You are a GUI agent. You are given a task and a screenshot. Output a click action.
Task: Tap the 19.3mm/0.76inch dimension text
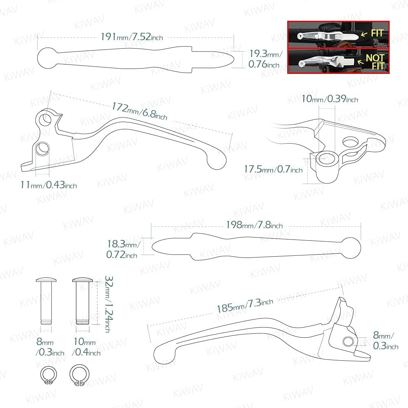click(x=264, y=59)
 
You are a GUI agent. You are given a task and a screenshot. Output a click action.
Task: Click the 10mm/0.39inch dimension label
click(x=330, y=99)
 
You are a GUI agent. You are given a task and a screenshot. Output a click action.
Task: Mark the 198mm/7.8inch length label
click(x=254, y=225)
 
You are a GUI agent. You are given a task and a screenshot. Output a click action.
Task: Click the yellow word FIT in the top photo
click(x=377, y=33)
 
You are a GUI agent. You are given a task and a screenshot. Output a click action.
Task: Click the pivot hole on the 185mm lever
click(x=349, y=341)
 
